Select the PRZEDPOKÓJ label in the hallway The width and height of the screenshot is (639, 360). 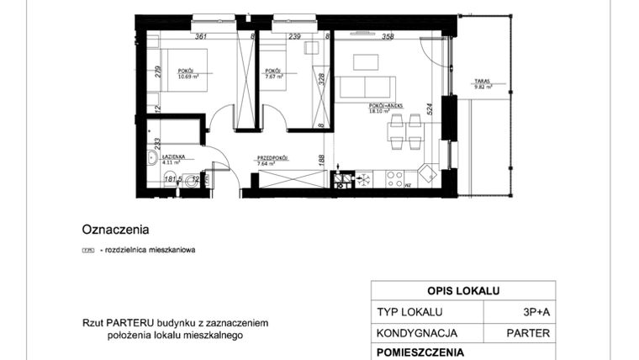coord(272,157)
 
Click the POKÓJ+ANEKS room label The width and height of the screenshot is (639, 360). coord(386,105)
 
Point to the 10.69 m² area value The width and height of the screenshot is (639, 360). coord(188,77)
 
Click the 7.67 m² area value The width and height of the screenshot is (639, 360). coord(273,77)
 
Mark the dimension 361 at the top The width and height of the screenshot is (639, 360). coord(200,36)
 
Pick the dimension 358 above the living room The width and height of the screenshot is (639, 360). coord(388,36)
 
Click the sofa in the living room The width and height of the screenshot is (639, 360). coord(366,87)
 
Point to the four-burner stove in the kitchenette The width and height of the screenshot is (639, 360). coord(365,178)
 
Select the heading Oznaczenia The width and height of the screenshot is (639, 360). coord(115,228)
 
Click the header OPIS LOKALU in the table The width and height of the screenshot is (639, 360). coord(463,291)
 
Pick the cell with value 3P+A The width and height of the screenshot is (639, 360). coord(535,312)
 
